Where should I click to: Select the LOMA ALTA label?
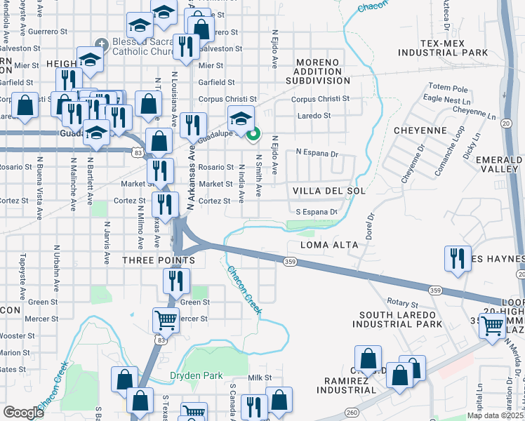[329, 245]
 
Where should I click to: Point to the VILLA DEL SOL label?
[319, 190]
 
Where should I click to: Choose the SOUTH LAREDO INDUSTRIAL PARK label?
[401, 319]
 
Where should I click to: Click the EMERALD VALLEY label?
[499, 164]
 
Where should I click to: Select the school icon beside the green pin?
[241, 118]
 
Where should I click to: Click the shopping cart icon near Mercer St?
[166, 319]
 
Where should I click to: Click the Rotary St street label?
[403, 305]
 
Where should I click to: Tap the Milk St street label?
[259, 377]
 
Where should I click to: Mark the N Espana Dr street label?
[317, 153]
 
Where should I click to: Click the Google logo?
[23, 413]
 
